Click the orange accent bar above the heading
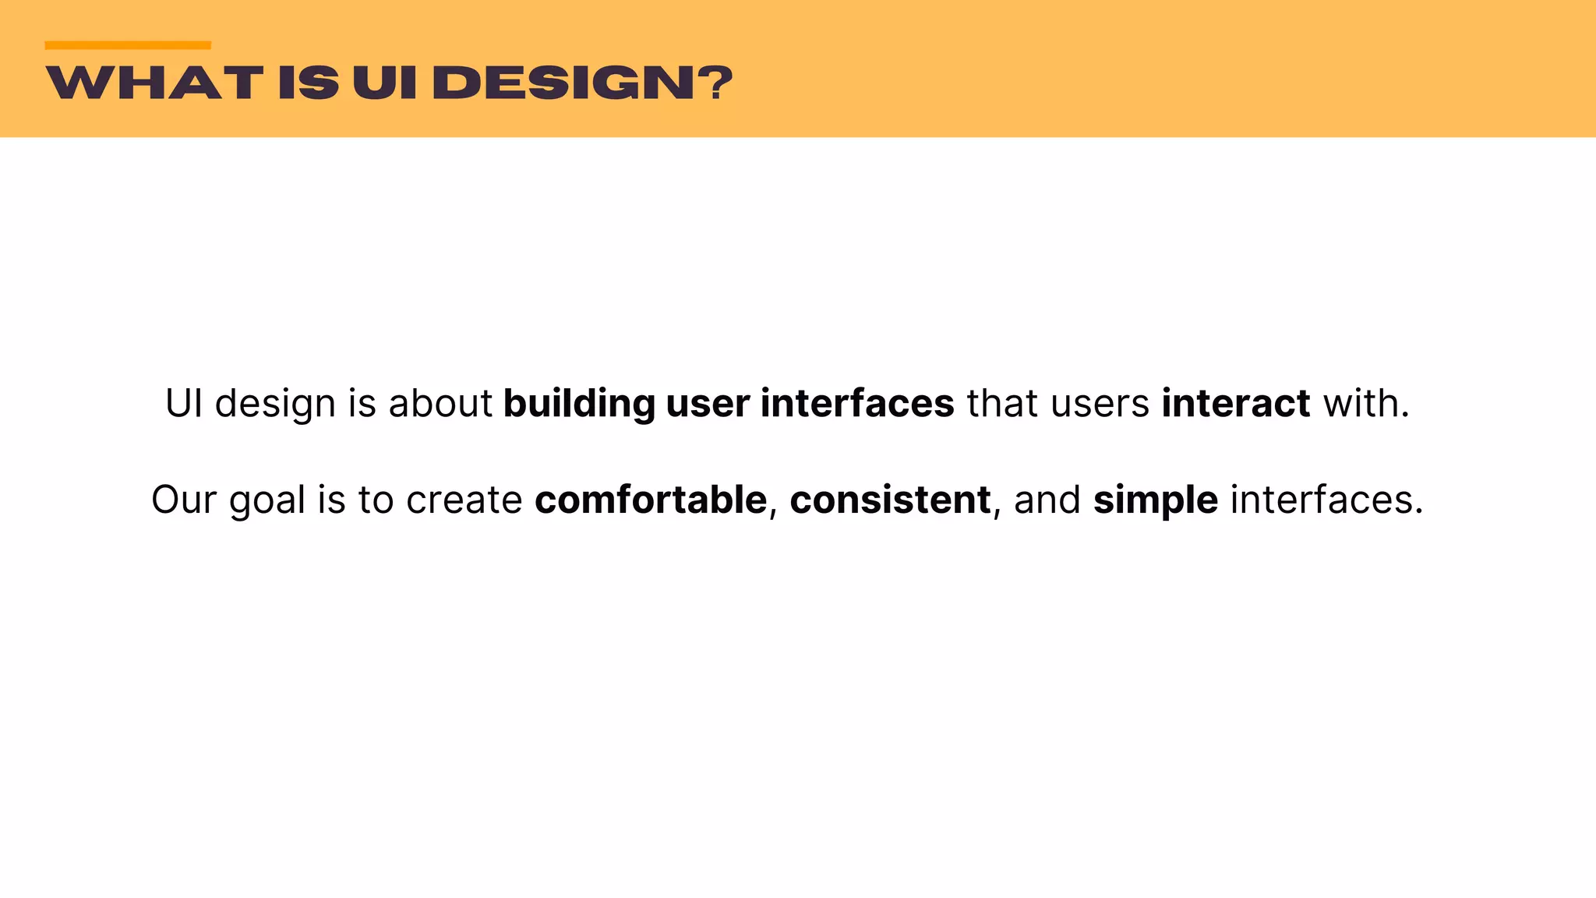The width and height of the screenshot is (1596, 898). click(128, 45)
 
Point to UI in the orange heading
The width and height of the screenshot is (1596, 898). click(385, 83)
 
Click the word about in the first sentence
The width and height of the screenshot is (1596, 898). click(440, 404)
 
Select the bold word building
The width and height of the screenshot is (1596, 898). click(579, 404)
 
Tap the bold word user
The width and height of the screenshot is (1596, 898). click(708, 404)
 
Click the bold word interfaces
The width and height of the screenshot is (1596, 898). click(857, 404)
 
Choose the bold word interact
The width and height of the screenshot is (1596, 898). click(1236, 404)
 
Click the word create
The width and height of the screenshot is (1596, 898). click(464, 500)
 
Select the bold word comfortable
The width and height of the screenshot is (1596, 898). click(651, 500)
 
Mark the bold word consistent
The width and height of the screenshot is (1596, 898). click(890, 500)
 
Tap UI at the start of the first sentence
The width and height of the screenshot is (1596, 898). click(184, 404)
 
